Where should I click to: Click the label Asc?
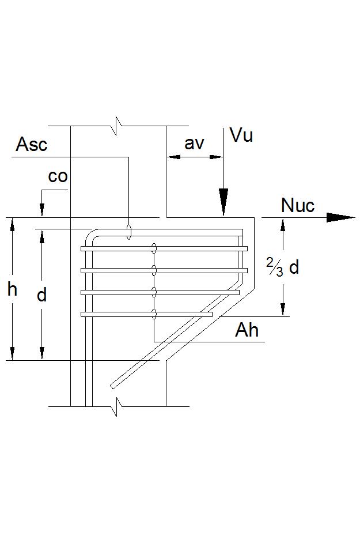click(31, 144)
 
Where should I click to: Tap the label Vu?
click(241, 135)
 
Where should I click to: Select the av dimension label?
click(194, 144)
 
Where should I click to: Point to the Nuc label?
click(298, 205)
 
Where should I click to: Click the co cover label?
click(58, 176)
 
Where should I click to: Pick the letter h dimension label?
click(12, 289)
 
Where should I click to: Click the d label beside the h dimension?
click(41, 295)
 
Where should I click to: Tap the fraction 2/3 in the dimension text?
click(274, 267)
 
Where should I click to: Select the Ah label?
click(247, 330)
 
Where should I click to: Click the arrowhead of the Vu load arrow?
click(223, 203)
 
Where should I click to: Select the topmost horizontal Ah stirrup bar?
click(164, 248)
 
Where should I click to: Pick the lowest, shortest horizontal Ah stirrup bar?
click(147, 314)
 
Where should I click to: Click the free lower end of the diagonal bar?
click(113, 385)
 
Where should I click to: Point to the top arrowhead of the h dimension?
click(12, 223)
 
